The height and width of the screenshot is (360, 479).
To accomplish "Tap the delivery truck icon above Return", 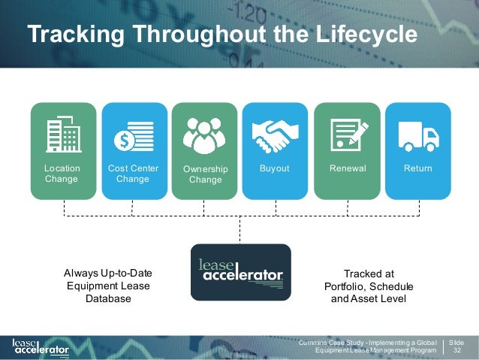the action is point(417,135).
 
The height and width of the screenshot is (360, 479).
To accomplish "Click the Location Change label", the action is point(62,174).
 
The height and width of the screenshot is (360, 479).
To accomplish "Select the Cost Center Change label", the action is point(133,174).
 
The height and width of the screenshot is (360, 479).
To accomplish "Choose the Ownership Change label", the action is point(205,174).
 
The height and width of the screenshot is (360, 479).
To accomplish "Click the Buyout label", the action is point(274,168).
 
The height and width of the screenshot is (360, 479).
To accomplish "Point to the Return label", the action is point(417,168).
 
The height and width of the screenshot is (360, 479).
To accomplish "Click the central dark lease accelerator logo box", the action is point(240,272).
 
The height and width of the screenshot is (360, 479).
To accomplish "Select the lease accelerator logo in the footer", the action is point(41,346).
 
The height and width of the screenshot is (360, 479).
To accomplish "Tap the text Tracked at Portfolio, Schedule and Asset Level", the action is point(368,286).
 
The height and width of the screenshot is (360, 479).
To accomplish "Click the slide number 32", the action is point(457,349).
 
